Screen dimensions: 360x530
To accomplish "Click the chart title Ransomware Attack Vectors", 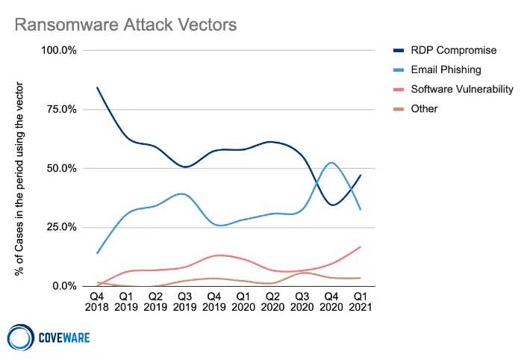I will tap(126, 25).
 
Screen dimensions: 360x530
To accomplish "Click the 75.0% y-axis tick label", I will tap(62, 109).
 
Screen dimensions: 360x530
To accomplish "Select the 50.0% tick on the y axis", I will tap(62, 168).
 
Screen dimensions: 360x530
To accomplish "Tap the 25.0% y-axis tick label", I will tap(62, 227).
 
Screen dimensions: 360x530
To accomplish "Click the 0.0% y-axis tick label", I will tap(65, 286).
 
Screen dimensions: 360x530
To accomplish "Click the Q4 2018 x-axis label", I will tap(98, 301).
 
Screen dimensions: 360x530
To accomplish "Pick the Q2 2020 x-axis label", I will tap(273, 301).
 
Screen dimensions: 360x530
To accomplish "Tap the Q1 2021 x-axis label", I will tap(361, 301).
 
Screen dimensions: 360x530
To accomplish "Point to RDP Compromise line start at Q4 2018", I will tap(98, 87).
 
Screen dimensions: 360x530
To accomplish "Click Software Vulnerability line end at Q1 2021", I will tap(361, 246).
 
